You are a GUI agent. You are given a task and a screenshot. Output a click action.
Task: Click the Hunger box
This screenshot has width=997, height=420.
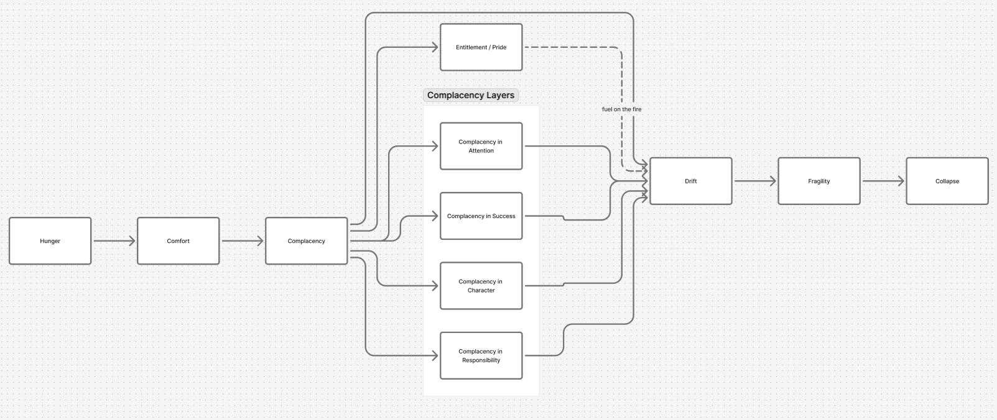point(50,241)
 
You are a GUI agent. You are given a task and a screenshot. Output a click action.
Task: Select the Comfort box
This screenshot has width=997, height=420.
point(178,241)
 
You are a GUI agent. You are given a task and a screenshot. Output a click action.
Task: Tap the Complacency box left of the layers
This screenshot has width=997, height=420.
point(306,241)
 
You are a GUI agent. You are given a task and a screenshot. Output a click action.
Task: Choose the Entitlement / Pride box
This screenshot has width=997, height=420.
point(481,47)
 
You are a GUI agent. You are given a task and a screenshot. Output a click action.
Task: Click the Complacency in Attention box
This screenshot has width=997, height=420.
point(481,146)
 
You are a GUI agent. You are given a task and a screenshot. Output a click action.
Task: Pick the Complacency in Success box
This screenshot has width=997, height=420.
point(481,216)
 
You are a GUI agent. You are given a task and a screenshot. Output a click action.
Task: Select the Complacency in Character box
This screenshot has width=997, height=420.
point(481,286)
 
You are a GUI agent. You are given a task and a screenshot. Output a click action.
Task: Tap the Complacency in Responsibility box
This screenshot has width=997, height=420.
point(481,355)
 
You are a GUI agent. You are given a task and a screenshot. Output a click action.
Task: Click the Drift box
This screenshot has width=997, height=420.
point(690,181)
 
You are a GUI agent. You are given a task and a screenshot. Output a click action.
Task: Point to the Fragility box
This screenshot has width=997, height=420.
point(818,181)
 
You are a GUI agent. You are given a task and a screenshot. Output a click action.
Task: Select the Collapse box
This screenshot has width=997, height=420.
point(947,181)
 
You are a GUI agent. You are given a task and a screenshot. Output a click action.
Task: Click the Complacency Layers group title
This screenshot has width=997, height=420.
point(471,95)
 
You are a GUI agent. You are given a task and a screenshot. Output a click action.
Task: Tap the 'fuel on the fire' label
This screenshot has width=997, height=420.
point(621,109)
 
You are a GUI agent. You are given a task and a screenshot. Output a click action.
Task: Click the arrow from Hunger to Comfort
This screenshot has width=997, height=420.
point(114,241)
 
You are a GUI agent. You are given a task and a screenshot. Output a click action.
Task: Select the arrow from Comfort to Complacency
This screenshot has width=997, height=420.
point(242,241)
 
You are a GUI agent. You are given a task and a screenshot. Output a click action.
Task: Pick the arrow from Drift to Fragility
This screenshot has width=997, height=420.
point(754,181)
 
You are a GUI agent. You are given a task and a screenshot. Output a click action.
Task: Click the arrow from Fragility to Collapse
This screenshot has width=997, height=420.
point(883,181)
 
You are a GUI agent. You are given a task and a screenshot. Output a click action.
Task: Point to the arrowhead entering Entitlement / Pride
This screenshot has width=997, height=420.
point(435,47)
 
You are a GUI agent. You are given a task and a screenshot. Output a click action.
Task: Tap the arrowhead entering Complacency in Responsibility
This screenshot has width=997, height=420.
point(435,355)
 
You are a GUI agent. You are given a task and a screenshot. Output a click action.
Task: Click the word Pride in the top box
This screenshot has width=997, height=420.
point(499,47)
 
